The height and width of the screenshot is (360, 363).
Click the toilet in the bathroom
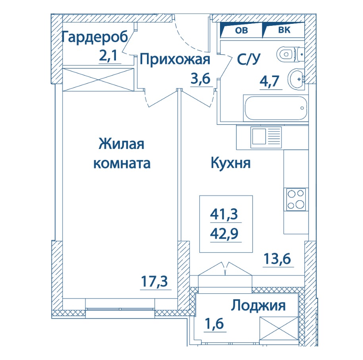pyautogui.click(x=290, y=54)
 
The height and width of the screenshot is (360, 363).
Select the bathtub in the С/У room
pyautogui.click(x=276, y=108)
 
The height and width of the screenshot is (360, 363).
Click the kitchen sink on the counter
pyautogui.click(x=266, y=137)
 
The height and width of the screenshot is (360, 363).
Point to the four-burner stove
pyautogui.click(x=296, y=199)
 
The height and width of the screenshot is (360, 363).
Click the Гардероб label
pyautogui.click(x=95, y=38)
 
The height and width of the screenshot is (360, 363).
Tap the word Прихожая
pyautogui.click(x=175, y=59)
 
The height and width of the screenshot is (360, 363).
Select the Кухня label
pyautogui.click(x=231, y=163)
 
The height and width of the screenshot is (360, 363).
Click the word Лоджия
pyautogui.click(x=258, y=306)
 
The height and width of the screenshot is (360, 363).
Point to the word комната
pyautogui.click(x=122, y=164)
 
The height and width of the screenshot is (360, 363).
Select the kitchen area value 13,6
pyautogui.click(x=277, y=259)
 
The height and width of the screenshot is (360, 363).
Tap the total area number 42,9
pyautogui.click(x=224, y=234)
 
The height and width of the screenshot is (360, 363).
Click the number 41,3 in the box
pyautogui.click(x=224, y=214)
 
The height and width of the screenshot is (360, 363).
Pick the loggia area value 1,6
pyautogui.click(x=214, y=323)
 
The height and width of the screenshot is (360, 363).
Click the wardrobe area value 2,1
pyautogui.click(x=108, y=56)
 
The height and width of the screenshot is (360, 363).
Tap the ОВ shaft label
pyautogui.click(x=241, y=30)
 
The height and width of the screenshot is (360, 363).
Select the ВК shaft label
pyautogui.click(x=284, y=30)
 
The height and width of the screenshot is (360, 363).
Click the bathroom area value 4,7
pyautogui.click(x=270, y=81)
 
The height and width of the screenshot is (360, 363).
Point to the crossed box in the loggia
pyautogui.click(x=279, y=329)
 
